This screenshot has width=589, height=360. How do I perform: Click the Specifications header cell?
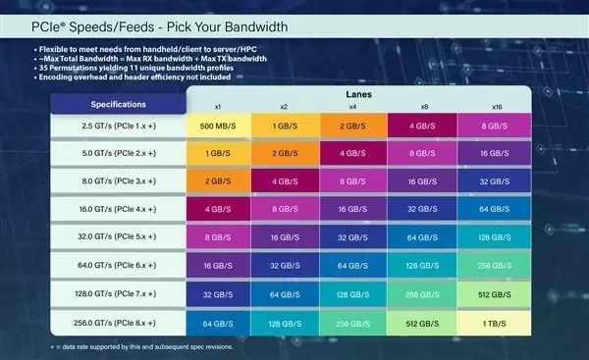point(119,103)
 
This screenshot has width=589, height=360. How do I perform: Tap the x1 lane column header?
point(218,106)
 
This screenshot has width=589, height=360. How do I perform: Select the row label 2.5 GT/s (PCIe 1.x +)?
point(119,127)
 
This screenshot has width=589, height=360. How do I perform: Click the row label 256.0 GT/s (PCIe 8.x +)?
point(119,324)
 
